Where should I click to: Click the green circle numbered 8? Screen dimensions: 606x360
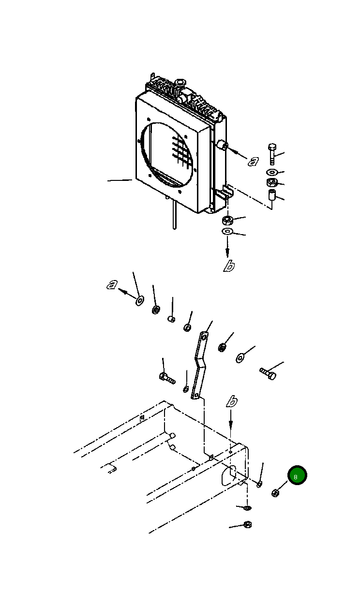tap(297, 475)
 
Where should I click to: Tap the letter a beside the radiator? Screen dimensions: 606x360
tap(253, 162)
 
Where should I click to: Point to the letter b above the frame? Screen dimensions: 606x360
tap(232, 401)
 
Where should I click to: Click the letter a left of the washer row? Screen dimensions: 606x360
tap(112, 285)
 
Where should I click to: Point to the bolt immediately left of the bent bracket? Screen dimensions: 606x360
tap(166, 377)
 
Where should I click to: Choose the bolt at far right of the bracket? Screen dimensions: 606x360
tap(268, 373)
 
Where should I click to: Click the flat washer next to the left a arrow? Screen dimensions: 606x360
tap(139, 300)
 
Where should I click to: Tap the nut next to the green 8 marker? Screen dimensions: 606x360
tap(275, 493)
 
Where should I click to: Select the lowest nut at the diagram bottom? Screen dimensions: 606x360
tap(247, 524)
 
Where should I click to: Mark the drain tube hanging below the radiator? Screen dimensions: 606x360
tap(173, 215)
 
